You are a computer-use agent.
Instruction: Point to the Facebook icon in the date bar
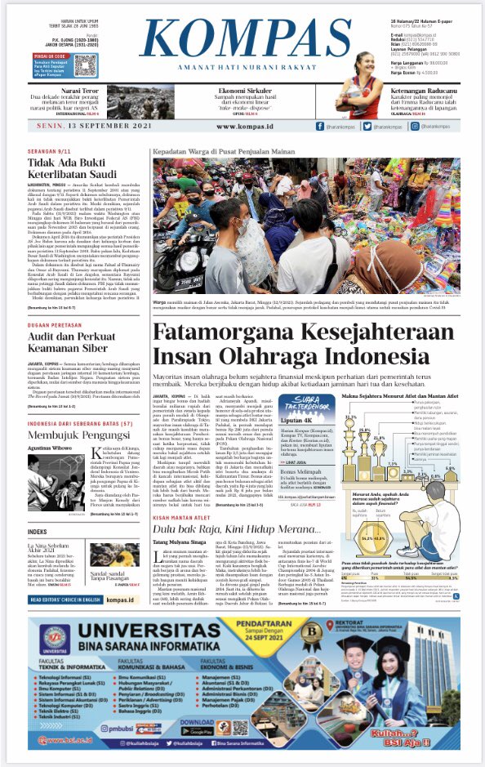point(320,127)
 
